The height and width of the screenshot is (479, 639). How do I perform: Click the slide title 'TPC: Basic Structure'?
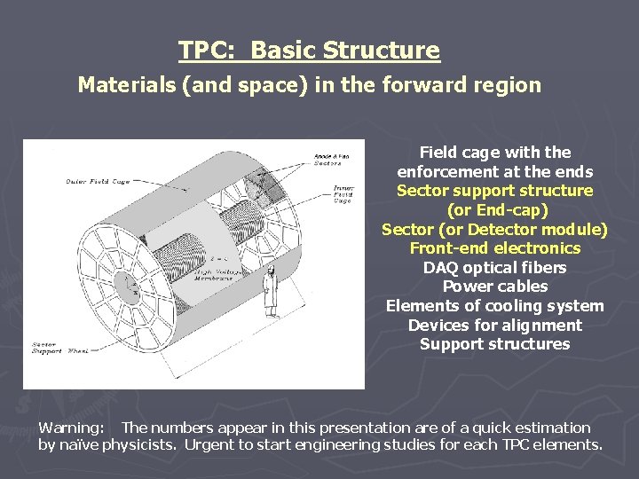309,51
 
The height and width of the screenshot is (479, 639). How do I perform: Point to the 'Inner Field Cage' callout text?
343,193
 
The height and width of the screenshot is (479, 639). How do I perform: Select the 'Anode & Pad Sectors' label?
331,160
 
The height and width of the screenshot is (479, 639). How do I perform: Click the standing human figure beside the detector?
269,292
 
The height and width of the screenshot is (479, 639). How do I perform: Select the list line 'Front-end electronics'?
494,248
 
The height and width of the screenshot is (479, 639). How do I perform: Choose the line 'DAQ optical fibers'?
494,268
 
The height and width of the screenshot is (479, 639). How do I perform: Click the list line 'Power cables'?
494,287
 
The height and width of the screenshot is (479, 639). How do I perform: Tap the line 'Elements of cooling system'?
494,306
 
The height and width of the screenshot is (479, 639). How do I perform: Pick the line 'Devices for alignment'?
494,326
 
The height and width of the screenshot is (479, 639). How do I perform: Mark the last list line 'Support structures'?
494,344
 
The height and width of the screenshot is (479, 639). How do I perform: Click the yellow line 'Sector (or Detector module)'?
494,230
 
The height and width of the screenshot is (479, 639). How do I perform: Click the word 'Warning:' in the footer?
71,428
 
